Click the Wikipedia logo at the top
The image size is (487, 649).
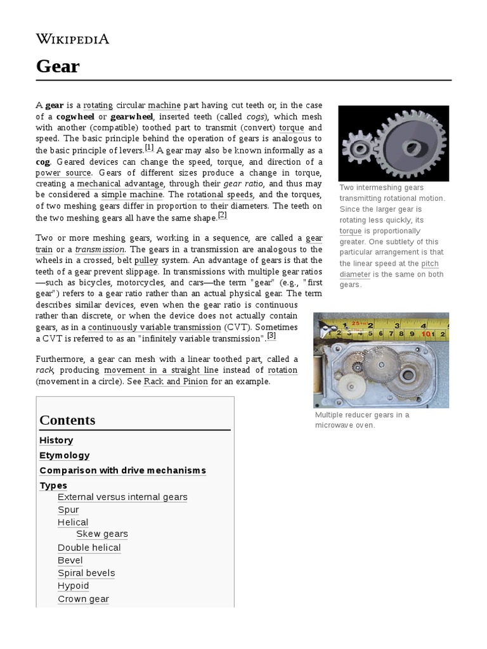72,39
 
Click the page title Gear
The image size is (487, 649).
58,66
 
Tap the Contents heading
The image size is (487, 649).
67,420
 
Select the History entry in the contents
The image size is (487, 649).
56,440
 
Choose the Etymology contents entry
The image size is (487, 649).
64,456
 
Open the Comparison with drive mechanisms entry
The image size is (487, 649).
122,471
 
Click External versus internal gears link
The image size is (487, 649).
122,497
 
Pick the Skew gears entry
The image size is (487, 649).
101,534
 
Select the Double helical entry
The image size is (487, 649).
89,548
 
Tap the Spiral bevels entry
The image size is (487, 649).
86,573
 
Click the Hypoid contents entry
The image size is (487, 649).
73,586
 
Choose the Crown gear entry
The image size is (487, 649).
83,599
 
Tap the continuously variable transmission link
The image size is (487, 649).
154,327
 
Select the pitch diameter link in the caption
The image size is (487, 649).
389,269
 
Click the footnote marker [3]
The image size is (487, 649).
271,335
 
